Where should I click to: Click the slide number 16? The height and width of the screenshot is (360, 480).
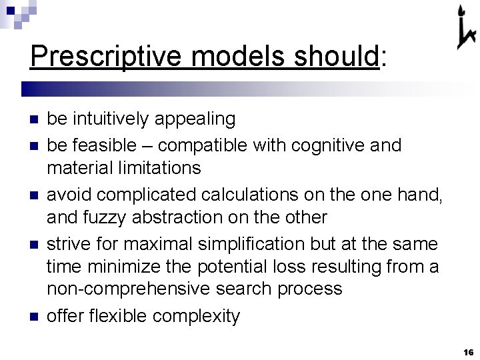click(467, 351)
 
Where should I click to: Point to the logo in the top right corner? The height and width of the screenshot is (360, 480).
click(465, 28)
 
